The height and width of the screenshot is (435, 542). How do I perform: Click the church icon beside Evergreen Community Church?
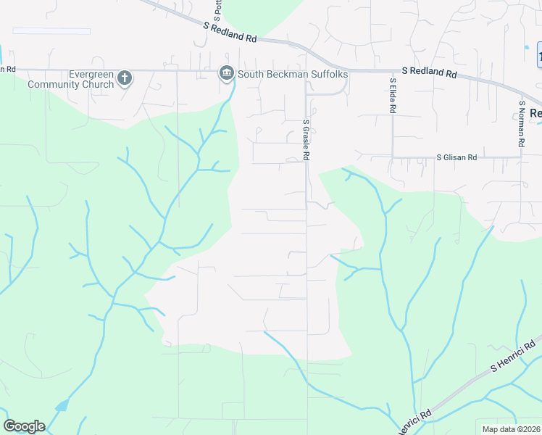[x=125, y=78]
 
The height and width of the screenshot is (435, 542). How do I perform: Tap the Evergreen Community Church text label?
[x=71, y=79]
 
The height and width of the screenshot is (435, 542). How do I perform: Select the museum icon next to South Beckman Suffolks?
[x=226, y=73]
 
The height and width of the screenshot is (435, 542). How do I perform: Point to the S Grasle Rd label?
[x=307, y=140]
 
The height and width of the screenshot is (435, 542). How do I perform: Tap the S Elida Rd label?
[x=392, y=96]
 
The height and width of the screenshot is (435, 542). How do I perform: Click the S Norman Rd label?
[x=521, y=123]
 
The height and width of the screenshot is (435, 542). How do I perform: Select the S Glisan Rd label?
[x=456, y=157]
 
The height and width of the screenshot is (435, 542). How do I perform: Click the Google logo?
[x=24, y=426]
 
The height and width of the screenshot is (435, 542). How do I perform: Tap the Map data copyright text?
[x=512, y=429]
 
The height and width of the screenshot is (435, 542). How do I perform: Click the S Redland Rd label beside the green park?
[x=230, y=34]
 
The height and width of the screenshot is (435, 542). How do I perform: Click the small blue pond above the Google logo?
[x=62, y=405]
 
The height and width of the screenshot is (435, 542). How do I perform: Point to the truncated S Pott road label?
[x=217, y=9]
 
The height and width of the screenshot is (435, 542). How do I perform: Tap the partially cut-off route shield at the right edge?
[x=538, y=55]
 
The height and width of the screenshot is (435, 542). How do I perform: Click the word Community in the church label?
[x=60, y=84]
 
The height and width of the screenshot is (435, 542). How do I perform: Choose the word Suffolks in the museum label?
[x=329, y=74]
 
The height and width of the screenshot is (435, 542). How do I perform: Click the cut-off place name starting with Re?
[x=535, y=113]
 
